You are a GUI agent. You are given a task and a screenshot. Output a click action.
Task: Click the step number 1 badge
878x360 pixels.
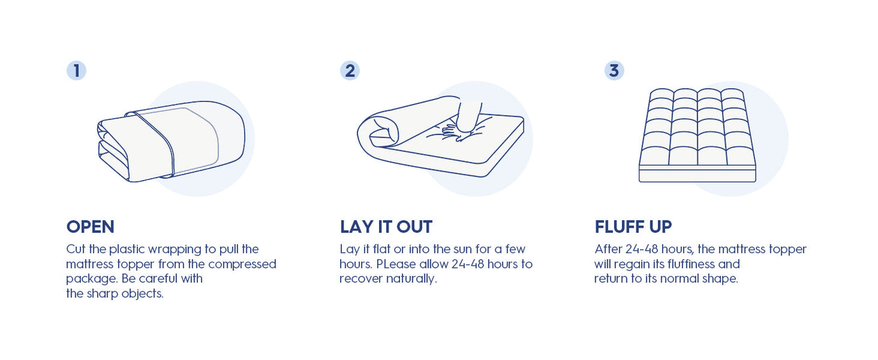77,71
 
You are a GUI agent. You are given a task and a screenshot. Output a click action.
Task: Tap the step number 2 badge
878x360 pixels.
349,71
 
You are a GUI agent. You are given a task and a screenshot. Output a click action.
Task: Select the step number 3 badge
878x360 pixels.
614,71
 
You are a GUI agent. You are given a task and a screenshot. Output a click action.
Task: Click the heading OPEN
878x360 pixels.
90,226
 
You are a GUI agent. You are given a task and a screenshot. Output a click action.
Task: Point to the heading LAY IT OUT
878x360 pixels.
386,226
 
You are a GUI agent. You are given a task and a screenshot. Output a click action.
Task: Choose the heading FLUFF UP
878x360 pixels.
633,226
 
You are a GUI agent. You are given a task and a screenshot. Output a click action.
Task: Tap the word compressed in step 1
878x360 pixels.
242,264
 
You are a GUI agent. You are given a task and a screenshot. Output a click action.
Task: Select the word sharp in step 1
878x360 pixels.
102,294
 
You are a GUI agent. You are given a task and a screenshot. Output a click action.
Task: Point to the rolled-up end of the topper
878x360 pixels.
378,131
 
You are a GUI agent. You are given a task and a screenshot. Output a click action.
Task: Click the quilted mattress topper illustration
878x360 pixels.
697,135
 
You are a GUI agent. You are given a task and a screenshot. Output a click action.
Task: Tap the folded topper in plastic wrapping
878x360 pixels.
171,141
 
